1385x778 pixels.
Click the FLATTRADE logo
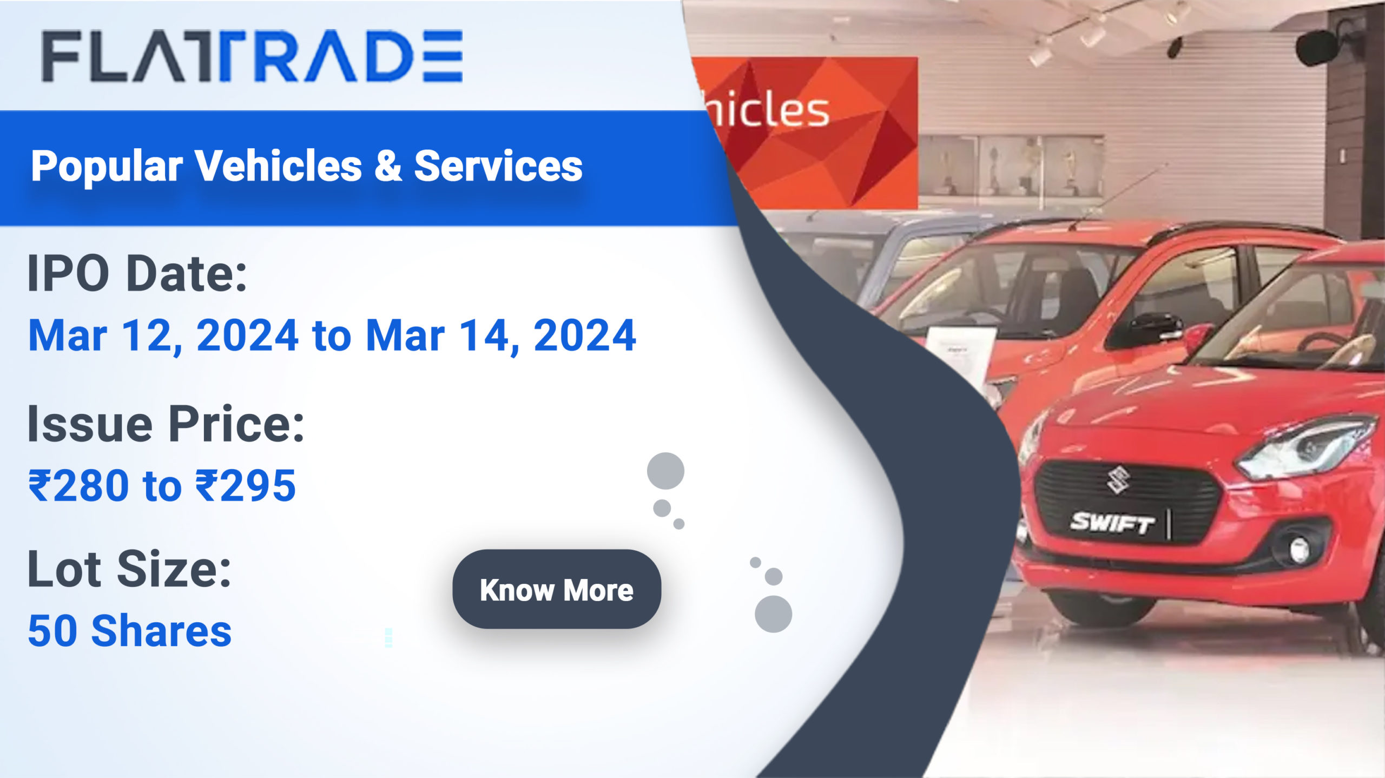[252, 56]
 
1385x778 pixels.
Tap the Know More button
[557, 589]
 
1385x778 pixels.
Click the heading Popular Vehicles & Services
[307, 166]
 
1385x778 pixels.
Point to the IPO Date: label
[137, 273]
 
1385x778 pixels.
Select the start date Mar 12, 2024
[163, 335]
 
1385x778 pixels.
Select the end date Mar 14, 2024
[500, 335]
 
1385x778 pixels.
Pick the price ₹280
[78, 485]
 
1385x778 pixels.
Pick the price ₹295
[246, 485]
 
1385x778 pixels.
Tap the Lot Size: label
[129, 569]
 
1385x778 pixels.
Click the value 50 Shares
[130, 631]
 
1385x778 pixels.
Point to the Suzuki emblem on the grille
[1117, 479]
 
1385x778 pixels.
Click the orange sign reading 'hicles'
[806, 133]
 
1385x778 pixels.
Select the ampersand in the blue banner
[387, 165]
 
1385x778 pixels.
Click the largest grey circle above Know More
[665, 471]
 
